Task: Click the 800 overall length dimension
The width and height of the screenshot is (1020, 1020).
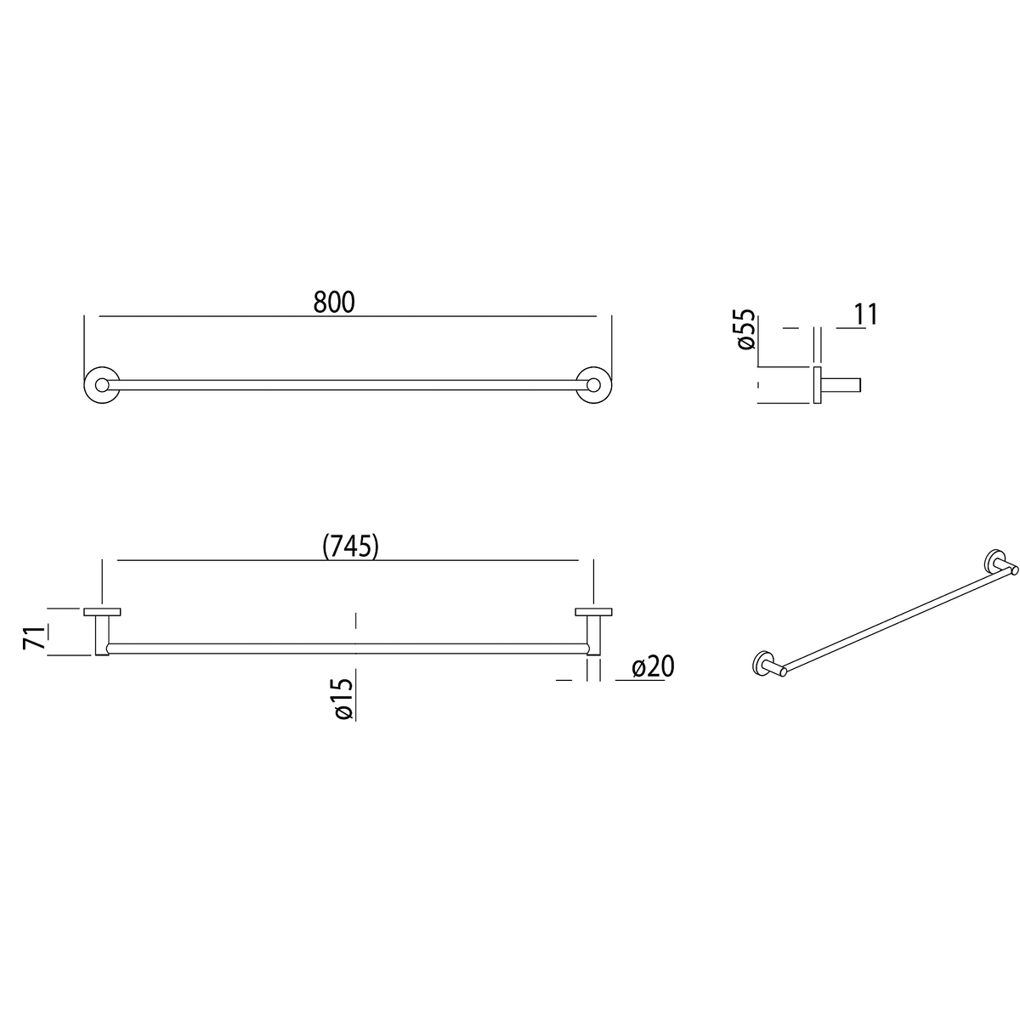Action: tap(334, 303)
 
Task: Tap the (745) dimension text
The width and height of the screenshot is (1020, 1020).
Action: tap(350, 546)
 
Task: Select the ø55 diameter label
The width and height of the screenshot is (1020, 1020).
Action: tap(745, 329)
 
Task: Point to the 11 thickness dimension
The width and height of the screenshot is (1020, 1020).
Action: tap(866, 314)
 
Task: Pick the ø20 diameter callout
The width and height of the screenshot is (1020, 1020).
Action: tap(653, 667)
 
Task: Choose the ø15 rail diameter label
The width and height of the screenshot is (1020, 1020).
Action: tap(343, 699)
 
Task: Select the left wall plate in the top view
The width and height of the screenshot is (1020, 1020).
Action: tap(102, 612)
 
